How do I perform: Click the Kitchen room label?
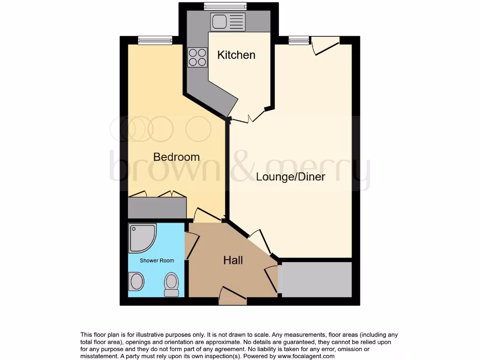coord(236,55)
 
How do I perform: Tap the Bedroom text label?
coord(176,157)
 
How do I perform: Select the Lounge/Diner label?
coord(291,177)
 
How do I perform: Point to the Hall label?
coord(233,260)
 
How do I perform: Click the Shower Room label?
coord(157,261)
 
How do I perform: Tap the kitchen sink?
coord(228,22)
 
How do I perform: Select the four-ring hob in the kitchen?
coord(197,57)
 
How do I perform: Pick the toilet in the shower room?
coord(172,285)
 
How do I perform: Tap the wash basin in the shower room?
coord(137,282)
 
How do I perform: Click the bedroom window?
coord(155,41)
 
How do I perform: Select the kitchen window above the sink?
coord(225,6)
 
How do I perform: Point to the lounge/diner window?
coord(299,41)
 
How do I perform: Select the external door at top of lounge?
coord(325,45)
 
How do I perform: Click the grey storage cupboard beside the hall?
coord(315,279)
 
